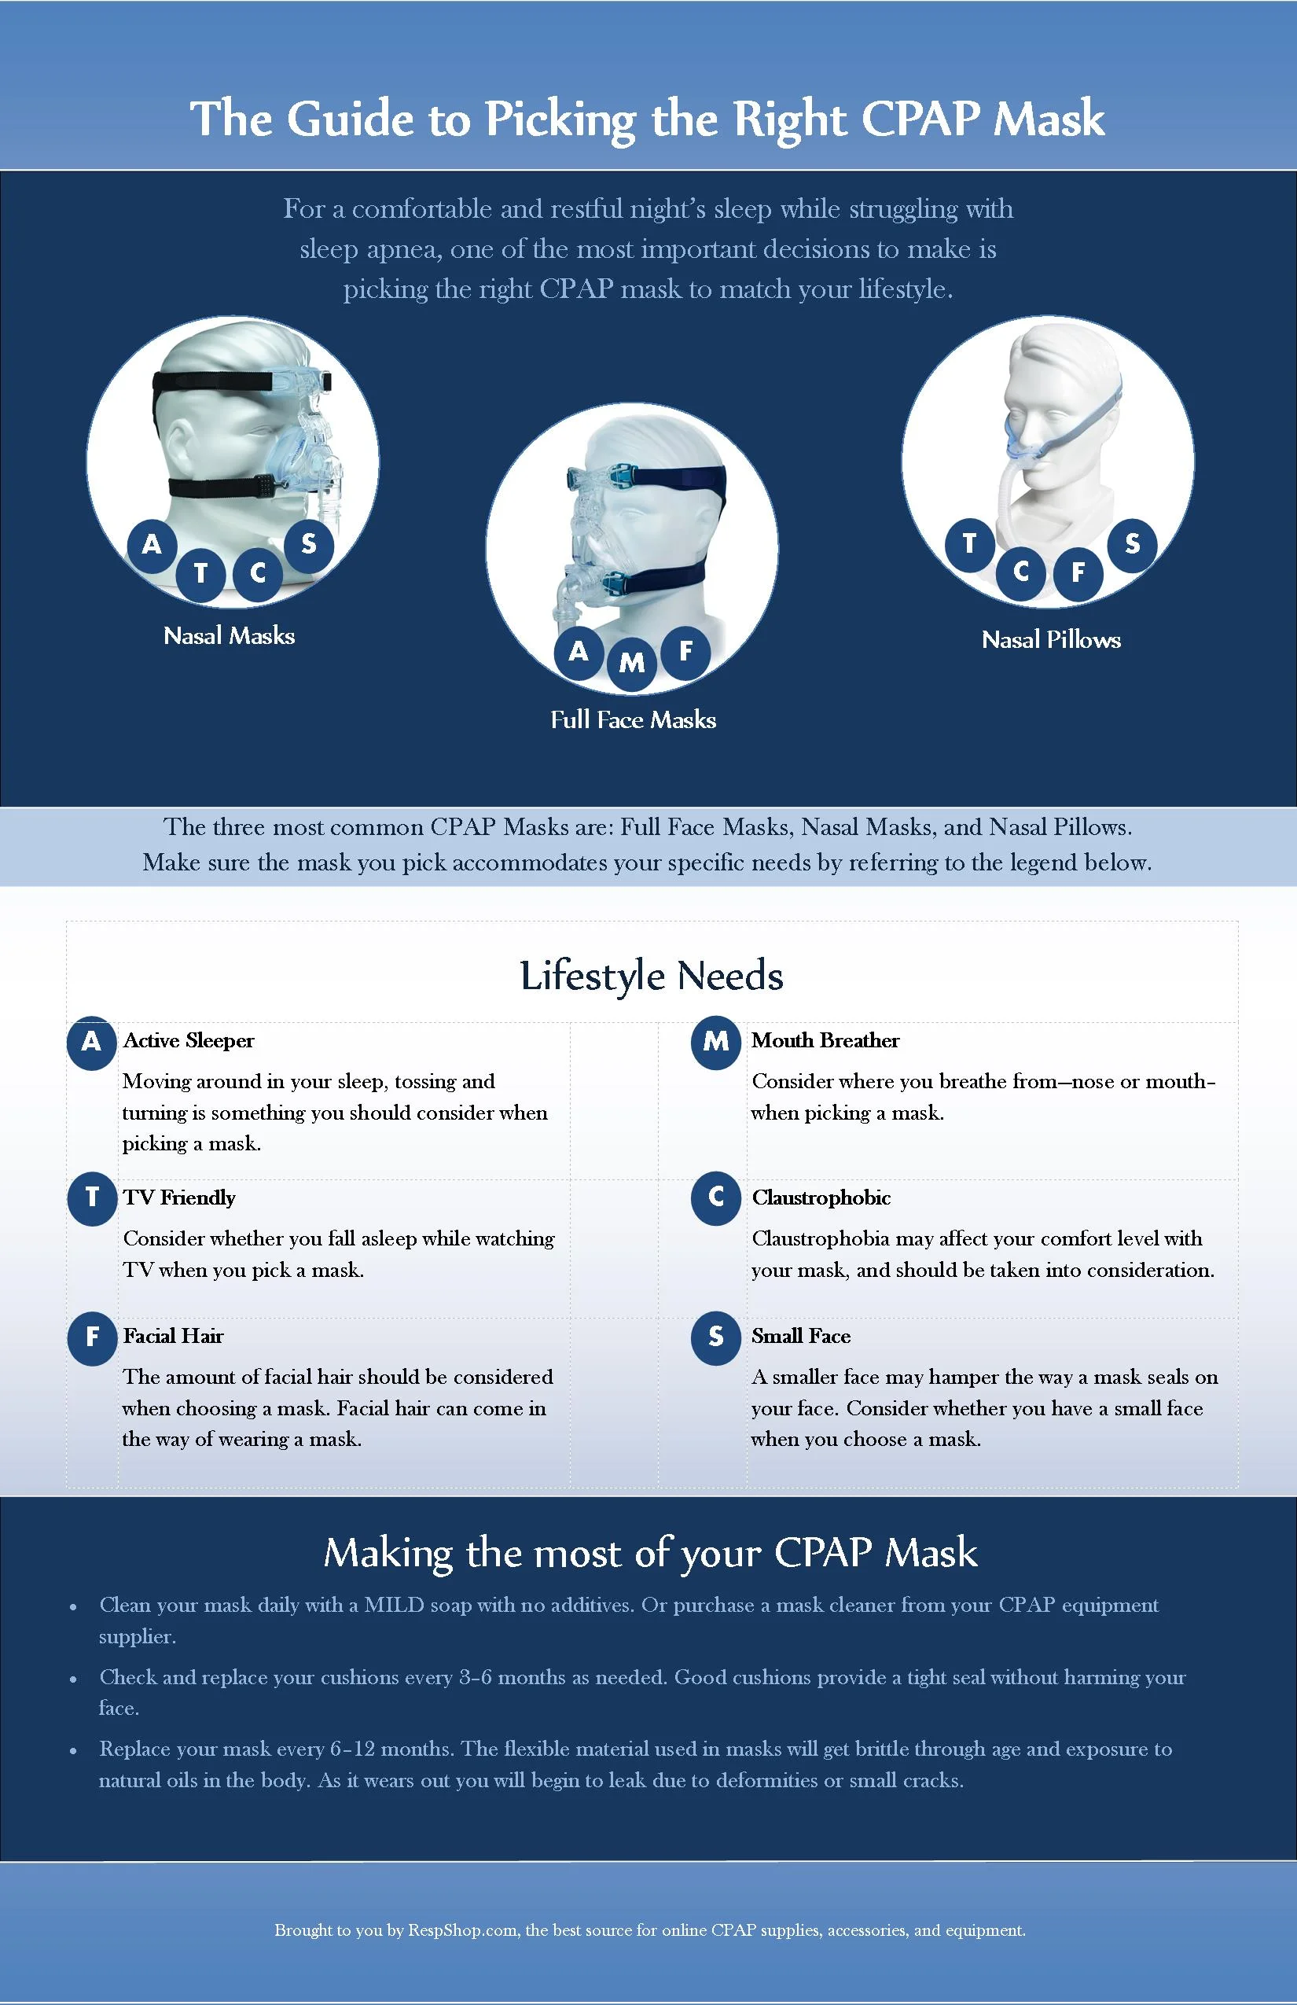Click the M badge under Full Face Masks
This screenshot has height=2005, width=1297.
click(632, 663)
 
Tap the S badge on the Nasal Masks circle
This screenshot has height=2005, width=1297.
click(308, 544)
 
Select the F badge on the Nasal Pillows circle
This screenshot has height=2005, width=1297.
click(1077, 573)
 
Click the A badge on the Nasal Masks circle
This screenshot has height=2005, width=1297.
click(152, 544)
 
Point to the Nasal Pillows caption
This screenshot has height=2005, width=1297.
click(1050, 640)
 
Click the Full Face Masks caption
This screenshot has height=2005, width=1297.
click(633, 720)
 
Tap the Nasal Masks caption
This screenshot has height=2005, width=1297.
click(229, 636)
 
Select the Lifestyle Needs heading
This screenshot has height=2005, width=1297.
click(651, 976)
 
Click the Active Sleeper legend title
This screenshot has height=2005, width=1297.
click(189, 1040)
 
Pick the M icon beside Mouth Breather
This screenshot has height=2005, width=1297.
click(716, 1042)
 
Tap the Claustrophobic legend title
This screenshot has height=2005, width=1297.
click(821, 1198)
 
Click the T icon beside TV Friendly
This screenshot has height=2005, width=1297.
click(92, 1198)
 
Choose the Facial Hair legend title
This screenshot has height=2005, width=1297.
click(174, 1336)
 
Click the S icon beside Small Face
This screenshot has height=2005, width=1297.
click(716, 1337)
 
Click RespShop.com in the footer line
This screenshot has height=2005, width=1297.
click(462, 1930)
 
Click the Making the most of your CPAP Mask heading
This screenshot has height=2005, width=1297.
click(650, 1553)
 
